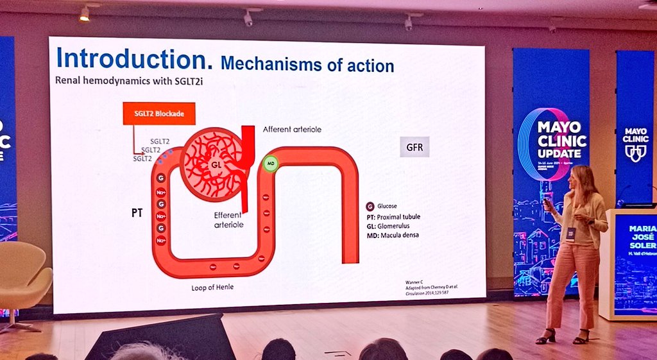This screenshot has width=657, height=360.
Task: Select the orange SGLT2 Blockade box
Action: pyautogui.click(x=158, y=114)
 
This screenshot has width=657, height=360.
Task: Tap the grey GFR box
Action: pyautogui.click(x=414, y=146)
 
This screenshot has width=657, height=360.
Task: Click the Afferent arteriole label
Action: pyautogui.click(x=292, y=129)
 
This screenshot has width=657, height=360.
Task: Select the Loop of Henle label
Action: pyautogui.click(x=212, y=287)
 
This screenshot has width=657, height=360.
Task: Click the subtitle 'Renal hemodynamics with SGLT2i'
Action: pyautogui.click(x=113, y=81)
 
